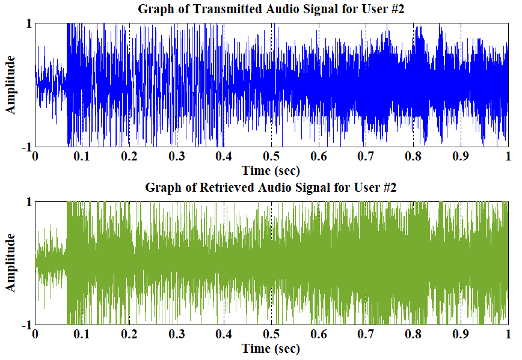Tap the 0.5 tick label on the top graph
271,157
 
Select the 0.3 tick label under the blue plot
177,157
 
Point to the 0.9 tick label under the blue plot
461,157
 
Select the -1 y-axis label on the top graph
26,147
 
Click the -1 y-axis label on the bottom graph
26,325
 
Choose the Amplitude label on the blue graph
10,85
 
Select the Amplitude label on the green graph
10,263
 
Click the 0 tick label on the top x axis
35,157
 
